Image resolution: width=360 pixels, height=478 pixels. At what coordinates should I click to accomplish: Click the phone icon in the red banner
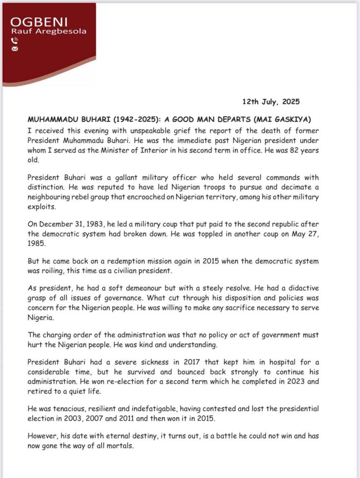[x=14, y=40]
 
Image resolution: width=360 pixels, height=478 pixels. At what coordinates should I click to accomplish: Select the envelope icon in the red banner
[x=14, y=48]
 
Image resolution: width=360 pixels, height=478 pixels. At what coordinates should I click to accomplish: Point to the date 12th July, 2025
[x=270, y=101]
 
